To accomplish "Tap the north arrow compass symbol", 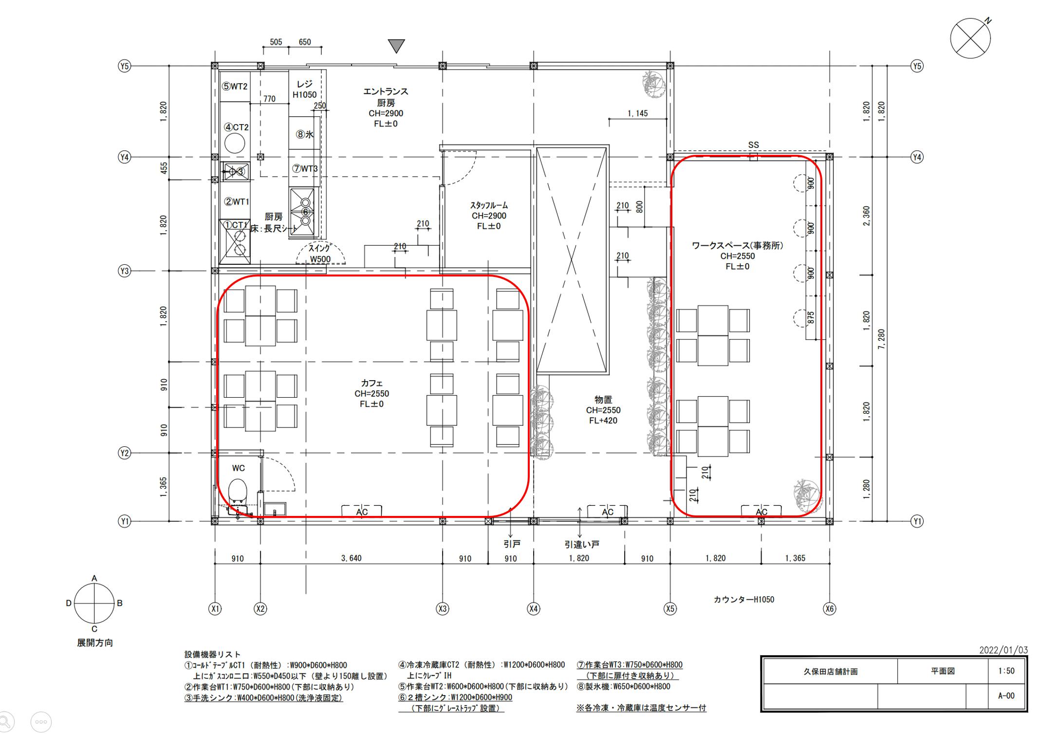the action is point(970,38).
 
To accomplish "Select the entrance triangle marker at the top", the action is point(397,46).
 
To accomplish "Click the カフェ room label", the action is point(371,383).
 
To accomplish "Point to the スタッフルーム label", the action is point(489,205).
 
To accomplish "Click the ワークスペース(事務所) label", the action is point(737,246).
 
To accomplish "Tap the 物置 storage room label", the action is point(603,400).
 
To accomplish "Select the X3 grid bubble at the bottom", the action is point(442,608).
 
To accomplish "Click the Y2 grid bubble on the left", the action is point(125,453).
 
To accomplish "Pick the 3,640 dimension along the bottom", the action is point(351,558).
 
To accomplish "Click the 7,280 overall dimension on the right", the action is point(881,339).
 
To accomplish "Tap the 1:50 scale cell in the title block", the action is point(1006,671).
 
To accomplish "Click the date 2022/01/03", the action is point(1003,650).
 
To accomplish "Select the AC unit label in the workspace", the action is point(761,512).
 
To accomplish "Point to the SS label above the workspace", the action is point(753,145).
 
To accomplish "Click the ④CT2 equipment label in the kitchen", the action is point(236,128).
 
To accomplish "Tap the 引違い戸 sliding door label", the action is point(582,545).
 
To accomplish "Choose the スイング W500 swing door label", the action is point(320,254).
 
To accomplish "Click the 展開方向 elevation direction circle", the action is point(94,603).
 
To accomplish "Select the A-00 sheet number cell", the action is point(1006,696).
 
